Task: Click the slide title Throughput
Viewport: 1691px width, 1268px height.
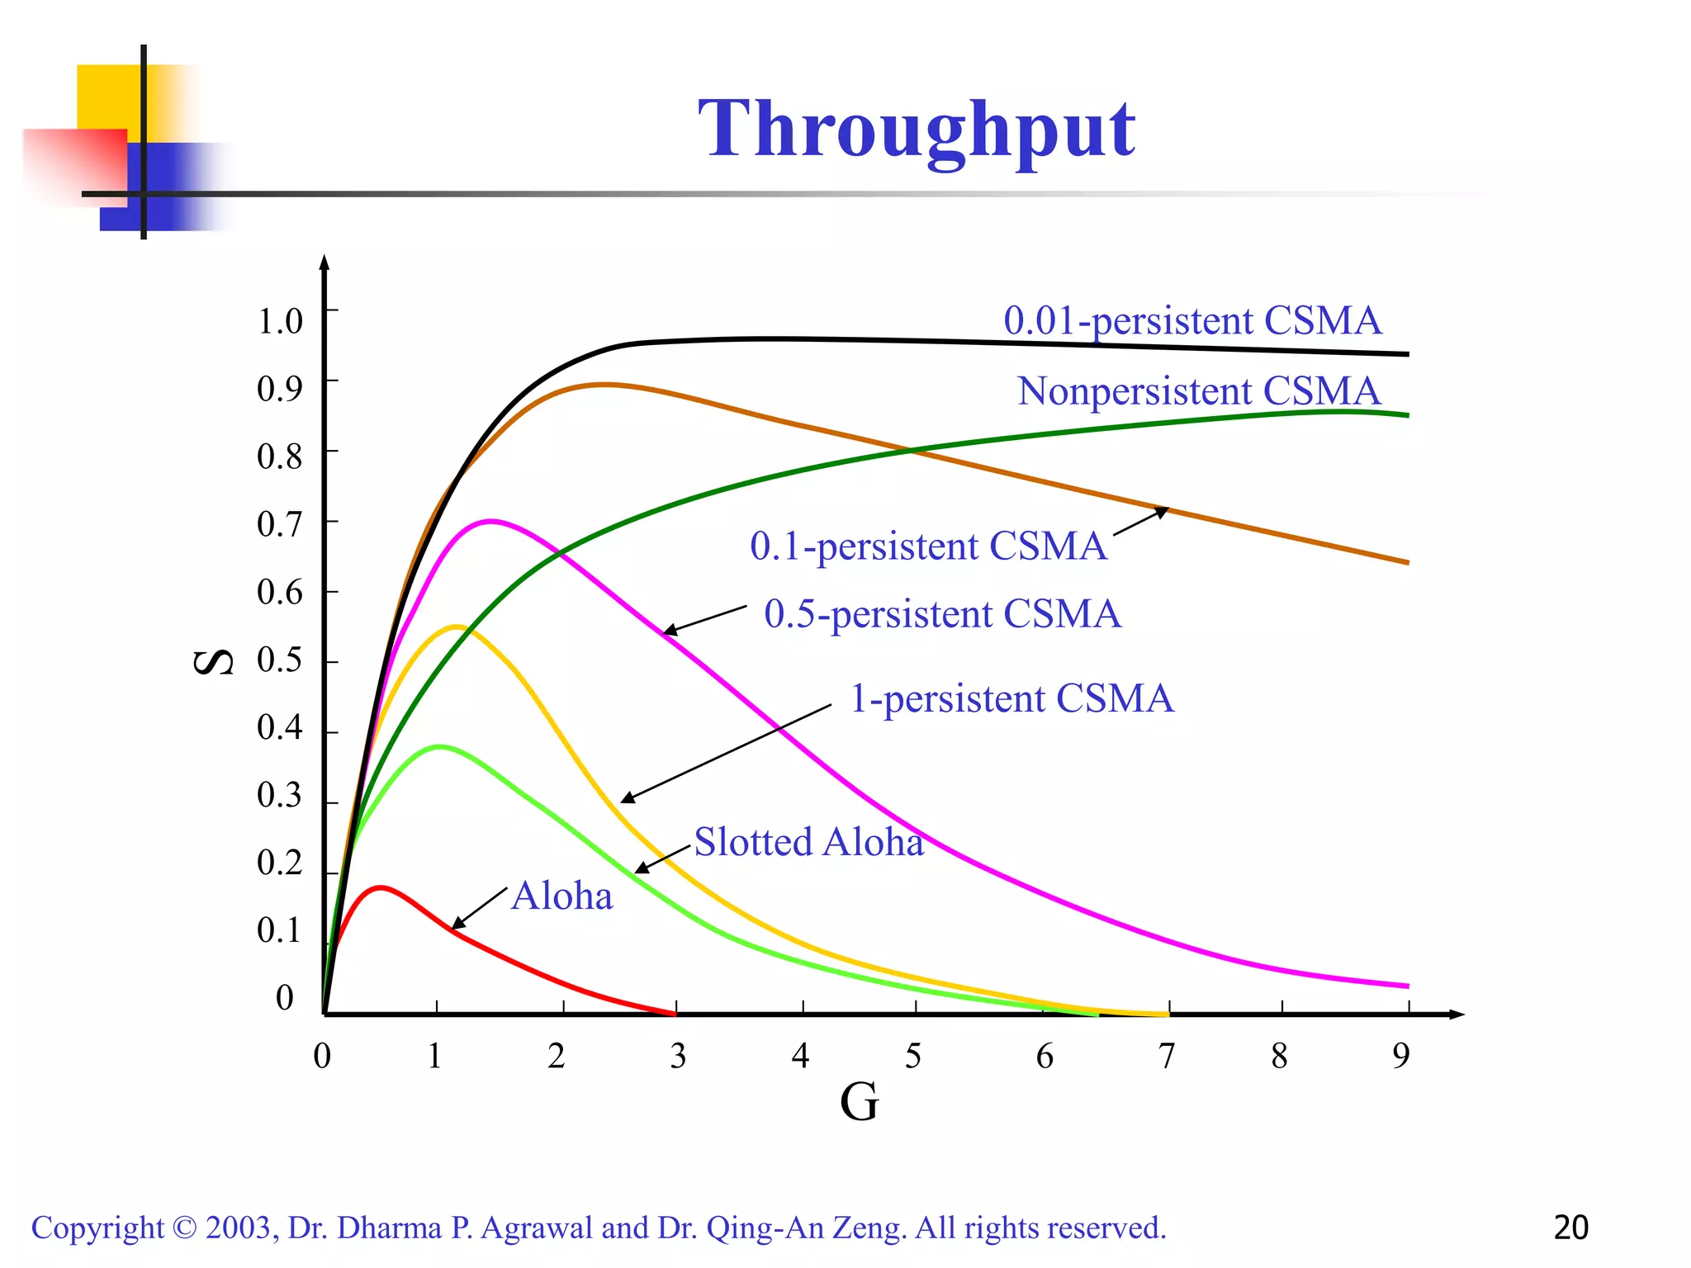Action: click(x=917, y=129)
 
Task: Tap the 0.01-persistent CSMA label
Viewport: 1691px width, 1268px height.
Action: click(x=1192, y=320)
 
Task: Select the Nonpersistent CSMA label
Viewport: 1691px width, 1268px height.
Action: click(x=1198, y=391)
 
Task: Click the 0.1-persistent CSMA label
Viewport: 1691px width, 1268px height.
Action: click(x=928, y=546)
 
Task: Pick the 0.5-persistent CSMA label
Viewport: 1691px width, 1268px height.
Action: click(x=942, y=614)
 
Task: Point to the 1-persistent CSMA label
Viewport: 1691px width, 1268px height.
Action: click(x=1011, y=698)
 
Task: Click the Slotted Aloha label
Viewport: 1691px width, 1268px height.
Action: click(x=808, y=842)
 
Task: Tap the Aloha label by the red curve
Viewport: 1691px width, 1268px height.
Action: click(x=562, y=897)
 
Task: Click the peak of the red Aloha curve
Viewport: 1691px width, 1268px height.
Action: click(x=380, y=887)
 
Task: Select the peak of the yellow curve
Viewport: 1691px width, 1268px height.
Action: click(x=456, y=627)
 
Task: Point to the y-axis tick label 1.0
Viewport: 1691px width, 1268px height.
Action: click(x=280, y=321)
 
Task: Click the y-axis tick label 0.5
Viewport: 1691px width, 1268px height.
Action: click(x=279, y=660)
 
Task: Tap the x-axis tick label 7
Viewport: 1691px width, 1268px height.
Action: click(x=1166, y=1056)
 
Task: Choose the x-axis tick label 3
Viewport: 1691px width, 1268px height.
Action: click(x=678, y=1056)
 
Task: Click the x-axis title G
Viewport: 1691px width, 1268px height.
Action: click(x=859, y=1102)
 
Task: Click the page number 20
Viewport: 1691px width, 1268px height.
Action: click(x=1570, y=1228)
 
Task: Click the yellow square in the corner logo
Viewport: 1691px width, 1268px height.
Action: click(x=107, y=95)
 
